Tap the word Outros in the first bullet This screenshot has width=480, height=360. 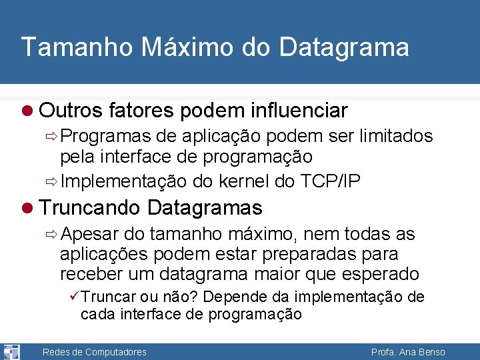coord(69,110)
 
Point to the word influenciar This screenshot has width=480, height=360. coord(300,110)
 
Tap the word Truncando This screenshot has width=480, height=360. coord(90,208)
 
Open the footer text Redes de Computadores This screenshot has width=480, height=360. coord(94,352)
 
